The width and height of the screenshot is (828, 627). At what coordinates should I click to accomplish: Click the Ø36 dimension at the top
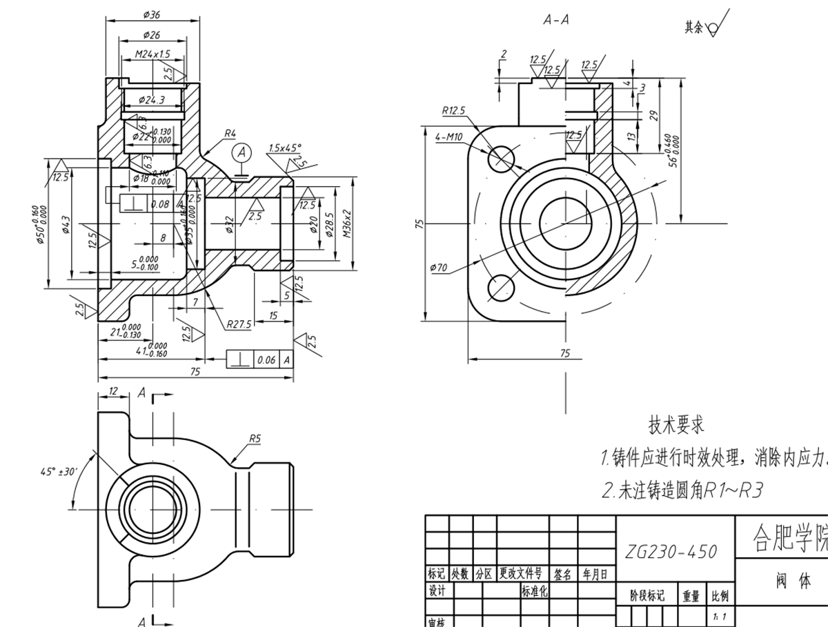pos(151,14)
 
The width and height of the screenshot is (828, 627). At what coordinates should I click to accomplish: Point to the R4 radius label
pos(230,133)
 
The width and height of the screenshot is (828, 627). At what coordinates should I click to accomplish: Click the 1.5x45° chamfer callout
pos(285,148)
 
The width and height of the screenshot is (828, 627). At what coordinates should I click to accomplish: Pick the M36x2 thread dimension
pos(347,223)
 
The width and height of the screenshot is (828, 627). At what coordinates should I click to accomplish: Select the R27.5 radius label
pos(239,323)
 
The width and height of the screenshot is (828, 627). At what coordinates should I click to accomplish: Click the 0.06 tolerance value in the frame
pos(266,359)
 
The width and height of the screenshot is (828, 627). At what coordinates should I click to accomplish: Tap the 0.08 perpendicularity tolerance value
pos(159,203)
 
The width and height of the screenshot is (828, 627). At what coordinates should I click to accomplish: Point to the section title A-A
pos(556,20)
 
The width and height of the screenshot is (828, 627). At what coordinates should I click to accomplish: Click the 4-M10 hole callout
pos(448,137)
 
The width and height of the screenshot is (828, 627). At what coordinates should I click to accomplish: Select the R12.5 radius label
pos(453,110)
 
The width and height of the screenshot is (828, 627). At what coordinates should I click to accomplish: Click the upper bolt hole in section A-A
pos(502,158)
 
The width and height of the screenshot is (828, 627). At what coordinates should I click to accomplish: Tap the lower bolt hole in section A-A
pos(502,288)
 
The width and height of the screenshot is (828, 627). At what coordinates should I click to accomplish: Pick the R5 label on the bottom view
pos(255,437)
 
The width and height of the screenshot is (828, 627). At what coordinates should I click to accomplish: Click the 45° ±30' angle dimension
pos(58,472)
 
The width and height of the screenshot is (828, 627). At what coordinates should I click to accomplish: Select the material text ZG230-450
pos(671,552)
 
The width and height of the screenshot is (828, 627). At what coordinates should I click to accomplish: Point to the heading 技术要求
pos(676,425)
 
